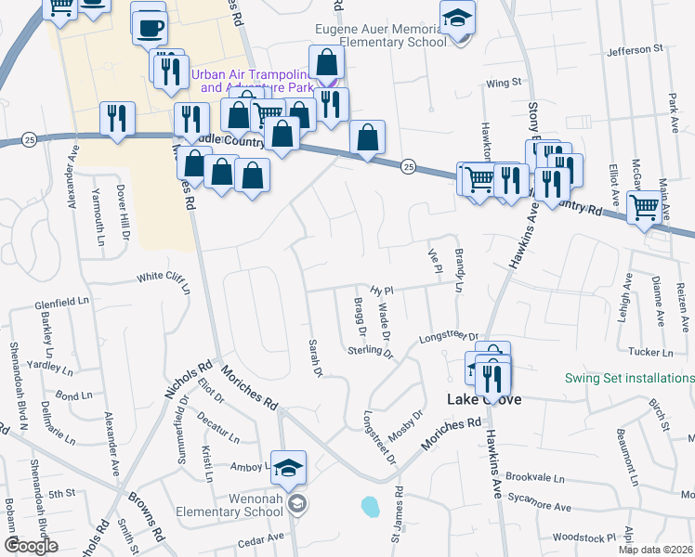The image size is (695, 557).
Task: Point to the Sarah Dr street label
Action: pyautogui.click(x=315, y=358)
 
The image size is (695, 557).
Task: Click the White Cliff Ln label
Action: pyautogui.click(x=164, y=278)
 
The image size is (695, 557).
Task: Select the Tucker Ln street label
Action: pyautogui.click(x=649, y=352)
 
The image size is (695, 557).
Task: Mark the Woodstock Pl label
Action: pyautogui.click(x=584, y=538)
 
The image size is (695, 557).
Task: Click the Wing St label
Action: pyautogui.click(x=504, y=84)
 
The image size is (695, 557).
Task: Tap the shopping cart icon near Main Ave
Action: pyautogui.click(x=644, y=208)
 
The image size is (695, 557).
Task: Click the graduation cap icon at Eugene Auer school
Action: pyautogui.click(x=457, y=18)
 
